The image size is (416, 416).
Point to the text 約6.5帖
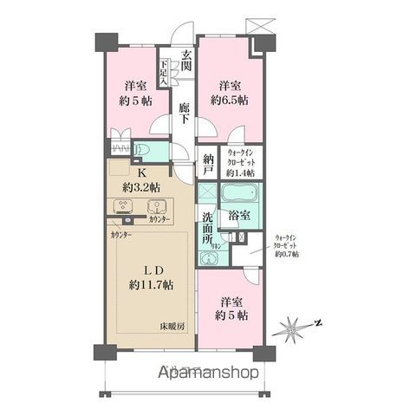click(x=229, y=101)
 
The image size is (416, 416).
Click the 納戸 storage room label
click(x=208, y=164)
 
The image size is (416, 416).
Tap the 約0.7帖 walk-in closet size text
click(x=285, y=254)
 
